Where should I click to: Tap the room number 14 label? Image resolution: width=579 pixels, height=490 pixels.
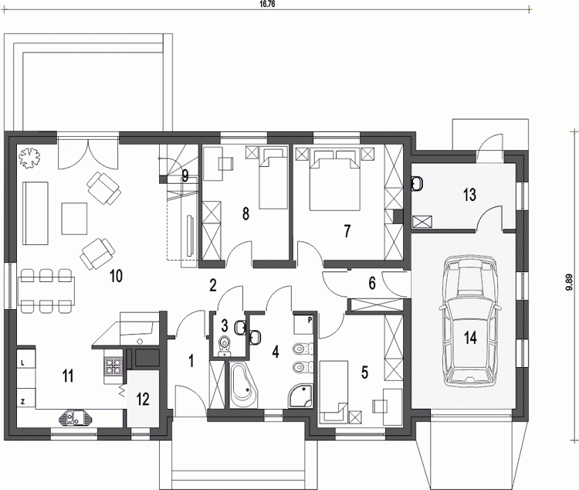tap(471, 338)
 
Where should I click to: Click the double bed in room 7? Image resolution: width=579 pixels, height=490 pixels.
tap(335, 179)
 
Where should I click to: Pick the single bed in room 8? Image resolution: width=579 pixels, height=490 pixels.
tap(273, 178)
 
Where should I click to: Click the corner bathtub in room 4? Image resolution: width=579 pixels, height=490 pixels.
tap(242, 386)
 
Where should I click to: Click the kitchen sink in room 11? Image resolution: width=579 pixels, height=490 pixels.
tap(76, 417)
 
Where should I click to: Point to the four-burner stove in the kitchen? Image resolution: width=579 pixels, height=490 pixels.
tap(113, 366)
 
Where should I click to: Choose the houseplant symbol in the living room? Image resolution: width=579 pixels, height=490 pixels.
tap(29, 158)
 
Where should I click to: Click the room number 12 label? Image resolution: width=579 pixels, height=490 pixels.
tap(143, 400)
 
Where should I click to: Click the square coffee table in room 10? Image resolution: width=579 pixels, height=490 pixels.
tap(74, 219)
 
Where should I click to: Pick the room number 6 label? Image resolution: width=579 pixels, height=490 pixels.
tap(372, 284)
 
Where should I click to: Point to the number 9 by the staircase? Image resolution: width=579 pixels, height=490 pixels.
tap(185, 175)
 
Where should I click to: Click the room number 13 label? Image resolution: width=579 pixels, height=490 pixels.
tap(469, 195)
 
